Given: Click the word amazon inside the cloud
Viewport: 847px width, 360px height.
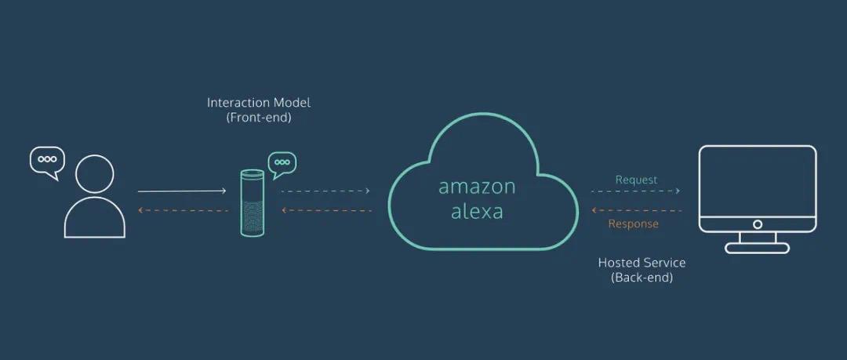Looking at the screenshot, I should pos(477,187).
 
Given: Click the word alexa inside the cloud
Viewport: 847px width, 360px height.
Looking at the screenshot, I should pos(477,211).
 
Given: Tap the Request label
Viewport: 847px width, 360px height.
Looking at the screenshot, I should pos(636,180).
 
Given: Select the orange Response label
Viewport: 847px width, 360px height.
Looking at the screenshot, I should pos(634,224).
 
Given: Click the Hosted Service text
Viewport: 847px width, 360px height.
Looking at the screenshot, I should pos(642,263).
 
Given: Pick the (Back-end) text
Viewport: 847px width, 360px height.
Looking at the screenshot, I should pos(642,278).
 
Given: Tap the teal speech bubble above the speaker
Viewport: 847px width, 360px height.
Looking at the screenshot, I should pos(282,164).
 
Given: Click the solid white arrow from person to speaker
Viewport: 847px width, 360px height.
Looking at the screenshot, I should pos(182,191).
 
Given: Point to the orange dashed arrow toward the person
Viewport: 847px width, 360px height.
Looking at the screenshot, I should pos(182,210).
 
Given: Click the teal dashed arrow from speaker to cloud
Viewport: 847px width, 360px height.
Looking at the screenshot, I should pos(325,191).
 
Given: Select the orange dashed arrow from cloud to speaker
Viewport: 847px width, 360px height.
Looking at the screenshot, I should pos(325,210).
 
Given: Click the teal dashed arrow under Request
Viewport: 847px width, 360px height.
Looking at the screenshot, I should pos(635,191).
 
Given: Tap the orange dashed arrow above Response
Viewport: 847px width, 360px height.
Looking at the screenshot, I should pos(635,210).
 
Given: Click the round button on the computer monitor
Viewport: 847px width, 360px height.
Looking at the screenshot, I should pos(757,224).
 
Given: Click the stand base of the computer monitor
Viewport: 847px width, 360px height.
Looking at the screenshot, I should pos(757,248).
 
